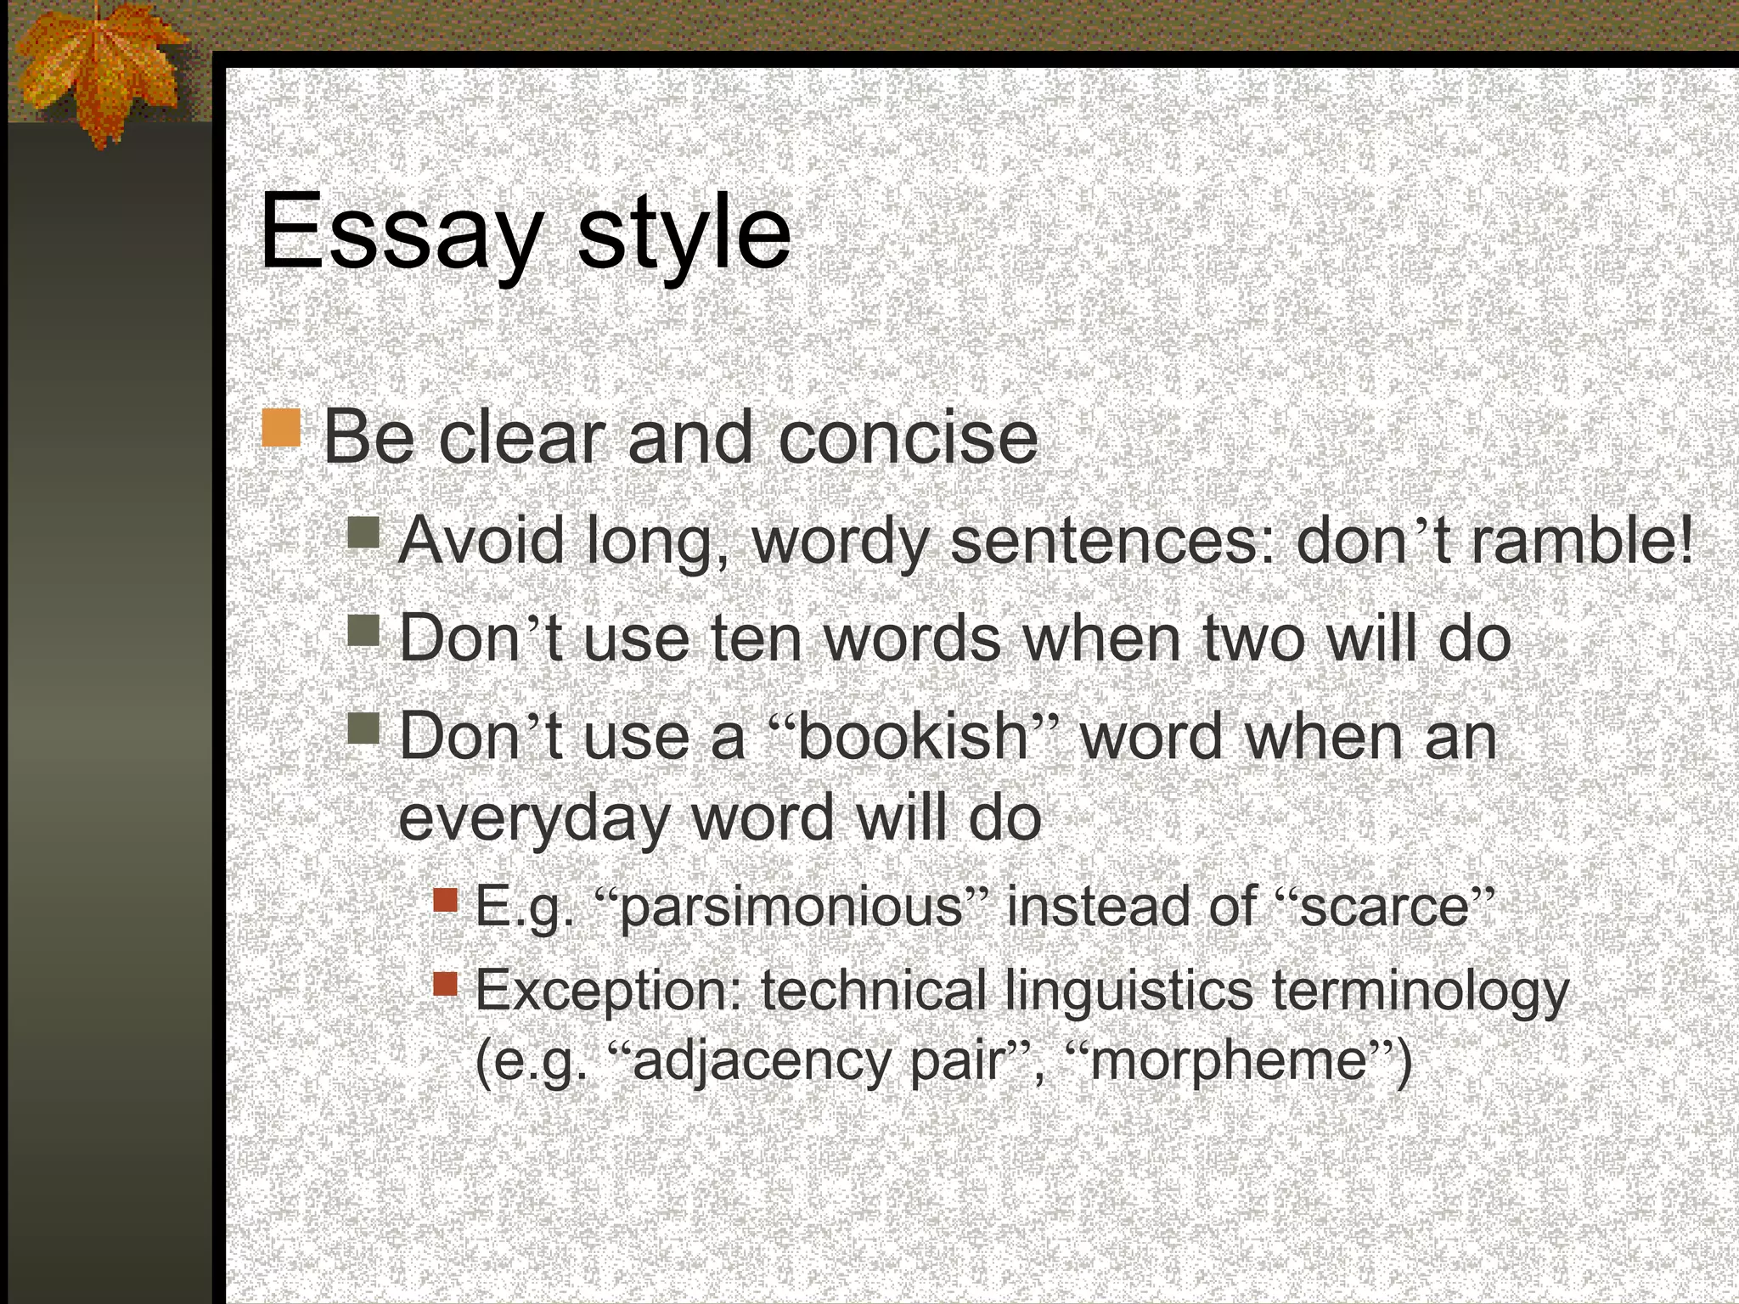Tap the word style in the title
click(684, 233)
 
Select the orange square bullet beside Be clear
click(281, 428)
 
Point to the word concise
click(907, 439)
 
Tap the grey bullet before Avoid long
click(363, 533)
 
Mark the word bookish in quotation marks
click(913, 736)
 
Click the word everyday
click(534, 819)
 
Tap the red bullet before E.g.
click(445, 900)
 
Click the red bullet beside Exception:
click(445, 984)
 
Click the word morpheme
click(1227, 1061)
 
